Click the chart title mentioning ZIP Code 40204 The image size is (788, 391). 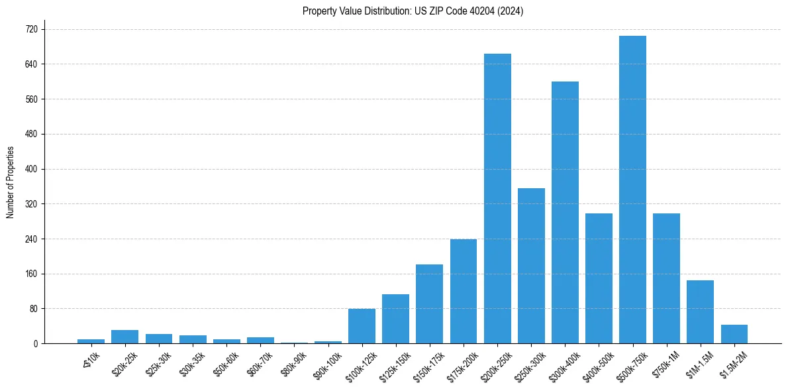click(413, 11)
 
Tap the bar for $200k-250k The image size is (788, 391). click(497, 199)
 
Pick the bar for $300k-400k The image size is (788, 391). click(565, 213)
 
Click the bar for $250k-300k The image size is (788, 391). click(531, 266)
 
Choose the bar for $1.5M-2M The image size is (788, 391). click(734, 334)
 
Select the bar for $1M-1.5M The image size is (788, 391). click(700, 312)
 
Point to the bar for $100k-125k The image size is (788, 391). click(362, 326)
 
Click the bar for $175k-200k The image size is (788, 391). click(464, 291)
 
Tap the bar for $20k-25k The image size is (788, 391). click(124, 337)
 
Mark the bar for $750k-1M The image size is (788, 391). click(666, 278)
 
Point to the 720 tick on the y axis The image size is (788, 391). click(30, 29)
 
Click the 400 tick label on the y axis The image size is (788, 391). click(30, 169)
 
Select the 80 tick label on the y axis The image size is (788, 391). click(32, 309)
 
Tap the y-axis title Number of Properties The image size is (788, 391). click(10, 182)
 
